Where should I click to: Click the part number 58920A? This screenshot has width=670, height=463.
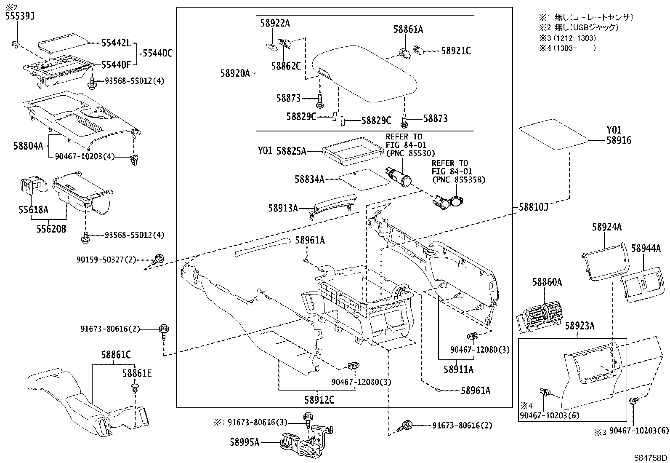(234, 73)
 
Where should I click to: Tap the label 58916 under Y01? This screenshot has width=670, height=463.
(619, 141)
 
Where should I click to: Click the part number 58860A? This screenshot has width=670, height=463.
(547, 282)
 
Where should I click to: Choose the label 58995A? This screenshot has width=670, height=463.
(245, 442)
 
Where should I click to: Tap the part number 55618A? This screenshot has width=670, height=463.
(33, 209)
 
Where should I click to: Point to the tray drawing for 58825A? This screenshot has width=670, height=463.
(348, 150)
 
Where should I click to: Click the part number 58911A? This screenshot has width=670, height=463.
(458, 369)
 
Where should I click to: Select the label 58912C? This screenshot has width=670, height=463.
(319, 399)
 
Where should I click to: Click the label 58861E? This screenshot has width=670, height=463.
(137, 373)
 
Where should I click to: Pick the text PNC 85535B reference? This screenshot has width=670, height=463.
(458, 180)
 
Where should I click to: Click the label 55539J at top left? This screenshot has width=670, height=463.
(19, 16)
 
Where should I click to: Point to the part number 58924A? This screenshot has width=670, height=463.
(606, 227)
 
